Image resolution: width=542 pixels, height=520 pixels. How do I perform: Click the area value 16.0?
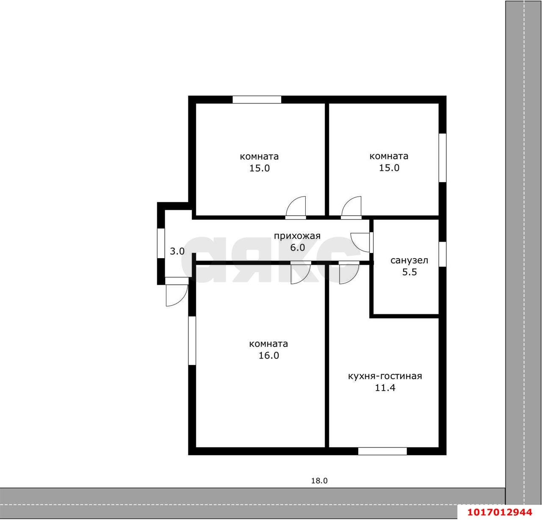[x=269, y=356]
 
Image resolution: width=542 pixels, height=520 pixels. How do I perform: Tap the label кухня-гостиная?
[x=385, y=377]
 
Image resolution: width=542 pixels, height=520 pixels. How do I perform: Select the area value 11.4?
[x=385, y=388]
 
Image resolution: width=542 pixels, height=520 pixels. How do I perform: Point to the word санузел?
[x=409, y=261]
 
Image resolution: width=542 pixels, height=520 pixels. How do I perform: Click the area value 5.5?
[x=409, y=272]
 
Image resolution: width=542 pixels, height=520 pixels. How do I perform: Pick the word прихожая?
[x=297, y=236]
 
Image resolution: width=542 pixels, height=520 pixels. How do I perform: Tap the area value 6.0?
[x=297, y=247]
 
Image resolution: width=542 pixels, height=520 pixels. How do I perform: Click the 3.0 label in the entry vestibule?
[x=177, y=251]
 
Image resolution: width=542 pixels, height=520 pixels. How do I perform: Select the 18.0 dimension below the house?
[x=319, y=481]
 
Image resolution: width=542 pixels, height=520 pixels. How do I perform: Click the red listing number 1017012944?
[x=500, y=512]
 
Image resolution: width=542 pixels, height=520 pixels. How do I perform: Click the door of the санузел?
[x=361, y=242]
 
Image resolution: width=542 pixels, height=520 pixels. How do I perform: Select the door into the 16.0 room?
[x=301, y=273]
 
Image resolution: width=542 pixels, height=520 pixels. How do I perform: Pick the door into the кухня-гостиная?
[x=349, y=273]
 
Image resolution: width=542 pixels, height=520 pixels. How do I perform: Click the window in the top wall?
[x=257, y=100]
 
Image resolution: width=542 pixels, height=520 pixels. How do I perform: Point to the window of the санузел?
[x=442, y=254]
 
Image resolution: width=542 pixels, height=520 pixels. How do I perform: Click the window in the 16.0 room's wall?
[x=192, y=340]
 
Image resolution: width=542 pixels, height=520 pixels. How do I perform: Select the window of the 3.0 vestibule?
[x=161, y=243]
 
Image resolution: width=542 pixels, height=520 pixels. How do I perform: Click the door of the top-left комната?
[x=296, y=208]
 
